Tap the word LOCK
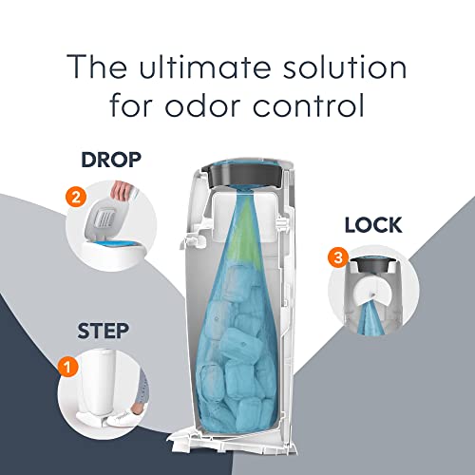coord(373,225)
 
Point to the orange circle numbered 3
coord(335,256)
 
